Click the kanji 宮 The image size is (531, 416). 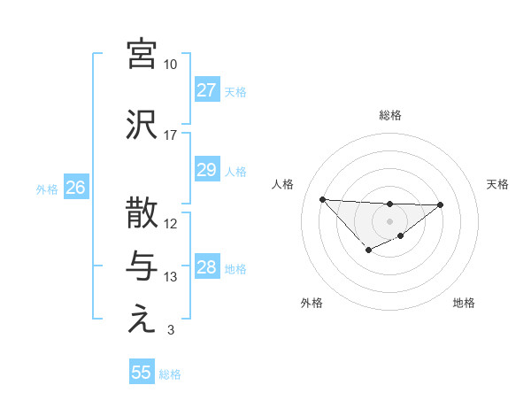tap(142, 54)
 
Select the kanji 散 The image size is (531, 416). tap(142, 213)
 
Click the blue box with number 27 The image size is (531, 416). tap(206, 90)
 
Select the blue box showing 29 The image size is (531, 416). tap(206, 170)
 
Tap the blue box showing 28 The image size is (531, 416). tap(206, 267)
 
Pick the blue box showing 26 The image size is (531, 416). tap(76, 188)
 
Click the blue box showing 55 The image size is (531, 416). tap(142, 373)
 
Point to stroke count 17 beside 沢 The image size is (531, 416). tap(171, 135)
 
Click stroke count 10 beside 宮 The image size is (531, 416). tap(171, 65)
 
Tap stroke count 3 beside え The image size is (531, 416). tap(171, 331)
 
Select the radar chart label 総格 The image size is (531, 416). tap(389, 115)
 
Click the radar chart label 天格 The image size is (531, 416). tap(498, 184)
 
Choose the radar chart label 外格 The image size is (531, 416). tap(312, 303)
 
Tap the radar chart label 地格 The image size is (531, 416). tap(464, 303)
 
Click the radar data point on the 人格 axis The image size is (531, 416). tap(322, 199)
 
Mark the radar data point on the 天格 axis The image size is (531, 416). tap(441, 204)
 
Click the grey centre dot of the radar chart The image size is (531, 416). tap(389, 220)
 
